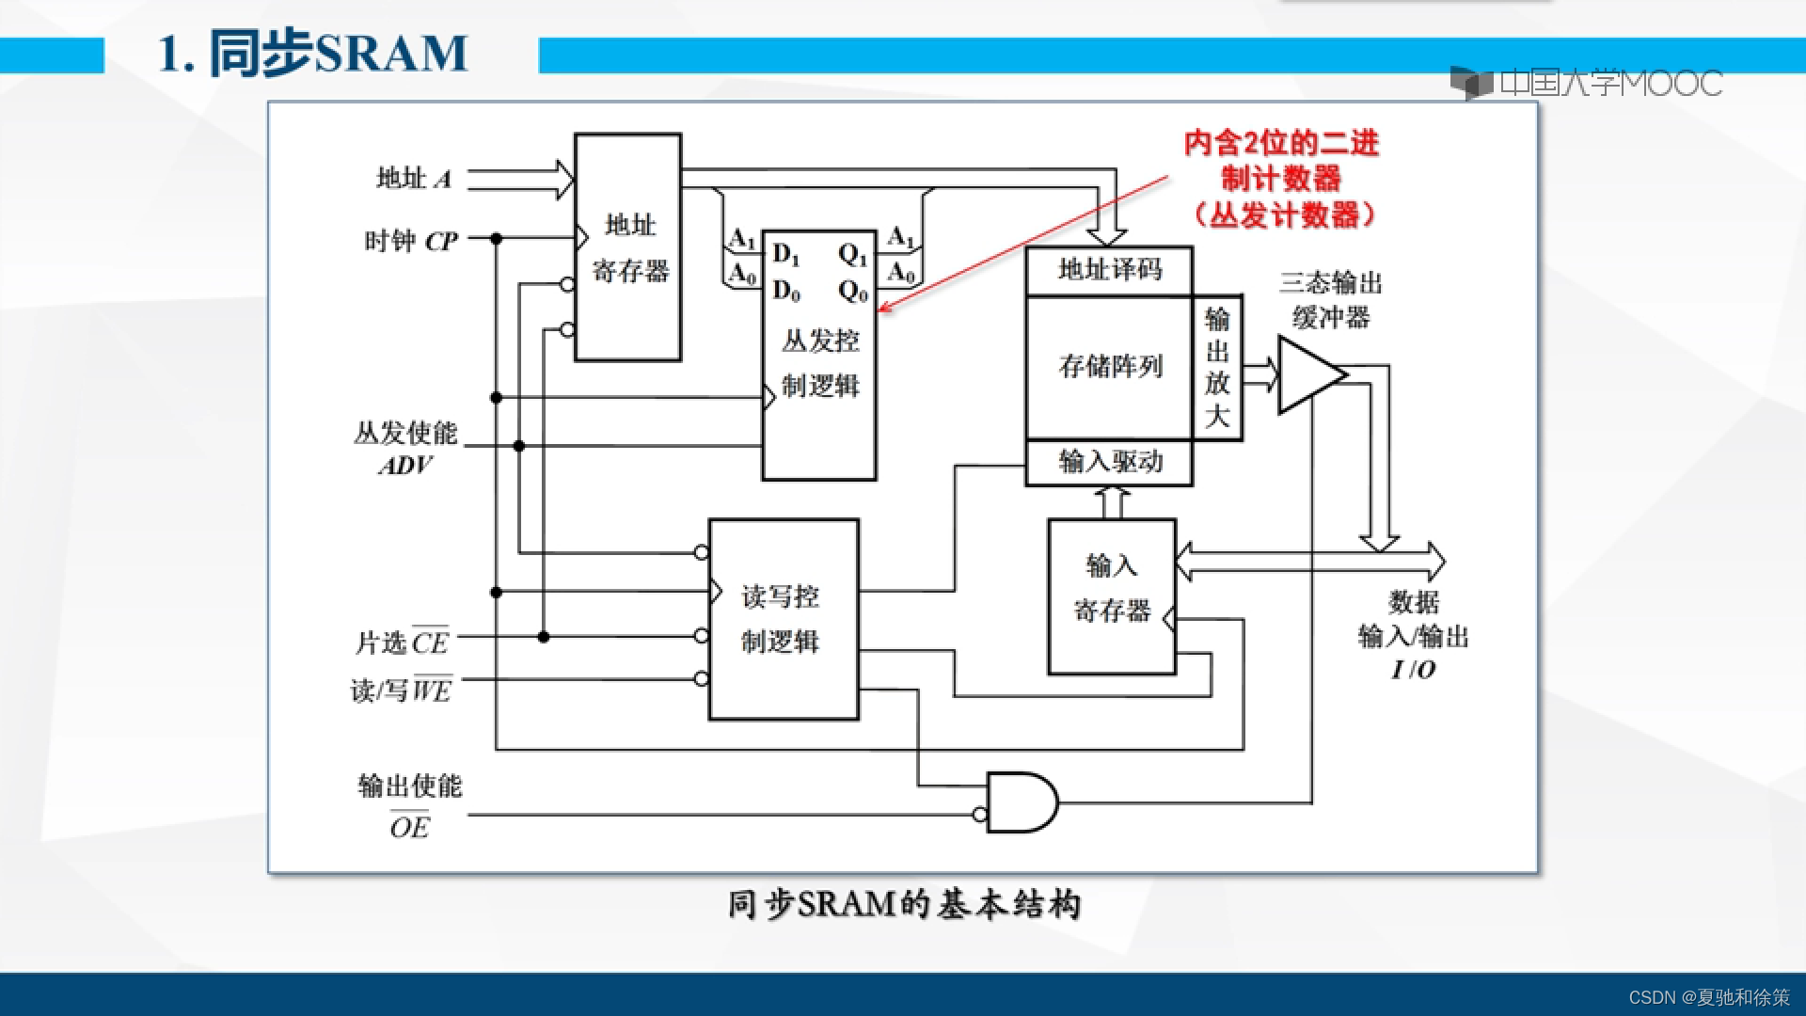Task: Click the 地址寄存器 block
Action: (x=627, y=247)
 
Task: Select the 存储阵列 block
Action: (x=1110, y=367)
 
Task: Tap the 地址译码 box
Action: (x=1110, y=270)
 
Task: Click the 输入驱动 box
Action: (x=1110, y=462)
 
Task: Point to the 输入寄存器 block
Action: (x=1112, y=596)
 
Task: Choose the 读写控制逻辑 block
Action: (x=783, y=619)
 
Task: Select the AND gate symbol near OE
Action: (x=1022, y=802)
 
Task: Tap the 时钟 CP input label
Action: (x=411, y=242)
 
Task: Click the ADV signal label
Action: (x=405, y=466)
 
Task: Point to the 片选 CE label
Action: (x=403, y=643)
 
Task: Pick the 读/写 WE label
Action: (x=402, y=691)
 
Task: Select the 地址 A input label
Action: (x=414, y=178)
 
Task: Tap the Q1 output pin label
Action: (x=852, y=255)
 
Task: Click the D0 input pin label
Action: (x=786, y=292)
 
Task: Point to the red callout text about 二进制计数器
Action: (x=1281, y=179)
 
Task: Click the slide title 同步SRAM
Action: (x=313, y=54)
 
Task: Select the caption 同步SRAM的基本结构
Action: (x=904, y=904)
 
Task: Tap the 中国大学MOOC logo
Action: (x=1588, y=83)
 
